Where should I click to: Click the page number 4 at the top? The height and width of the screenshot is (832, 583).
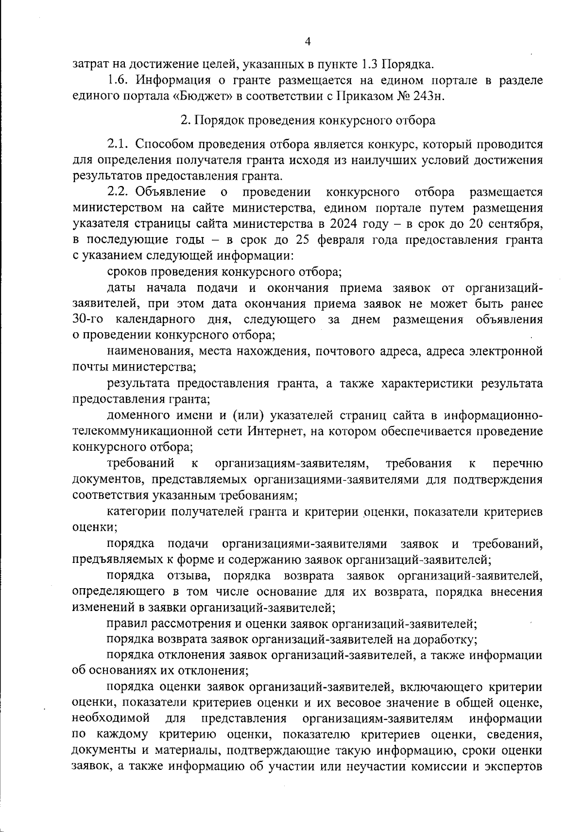(x=307, y=41)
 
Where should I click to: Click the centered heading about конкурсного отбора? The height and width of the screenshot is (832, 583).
(x=308, y=120)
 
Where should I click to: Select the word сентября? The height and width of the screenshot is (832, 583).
(x=515, y=224)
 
